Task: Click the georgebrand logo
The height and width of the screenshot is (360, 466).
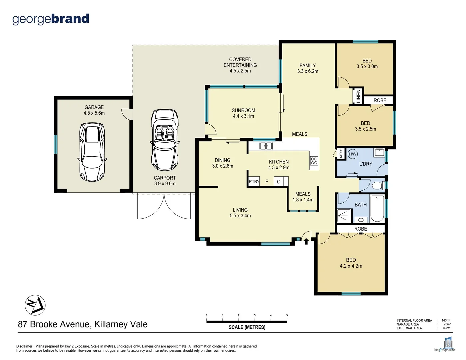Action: pyautogui.click(x=51, y=19)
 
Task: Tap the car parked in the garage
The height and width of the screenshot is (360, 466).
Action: pyautogui.click(x=92, y=152)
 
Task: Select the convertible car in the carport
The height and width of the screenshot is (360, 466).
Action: pyautogui.click(x=165, y=140)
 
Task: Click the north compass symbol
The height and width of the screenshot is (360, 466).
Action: pyautogui.click(x=35, y=305)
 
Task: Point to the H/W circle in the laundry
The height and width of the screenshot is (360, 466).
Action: pyautogui.click(x=353, y=154)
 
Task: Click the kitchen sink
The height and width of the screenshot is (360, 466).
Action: pyautogui.click(x=266, y=146)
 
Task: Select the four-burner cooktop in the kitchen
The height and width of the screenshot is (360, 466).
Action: pyautogui.click(x=314, y=161)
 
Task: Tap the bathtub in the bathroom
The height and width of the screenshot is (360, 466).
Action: pyautogui.click(x=377, y=209)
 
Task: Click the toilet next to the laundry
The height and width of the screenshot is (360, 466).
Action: pyautogui.click(x=377, y=185)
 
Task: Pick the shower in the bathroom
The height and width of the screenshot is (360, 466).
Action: pyautogui.click(x=344, y=216)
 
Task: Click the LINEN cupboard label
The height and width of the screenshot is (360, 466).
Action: pyautogui.click(x=358, y=96)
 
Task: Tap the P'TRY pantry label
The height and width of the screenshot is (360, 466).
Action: pyautogui.click(x=254, y=182)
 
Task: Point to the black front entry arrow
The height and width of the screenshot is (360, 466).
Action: pyautogui.click(x=306, y=241)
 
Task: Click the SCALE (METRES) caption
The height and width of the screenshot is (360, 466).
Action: pyautogui.click(x=247, y=327)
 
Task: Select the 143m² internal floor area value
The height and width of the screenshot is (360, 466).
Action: pyautogui.click(x=446, y=320)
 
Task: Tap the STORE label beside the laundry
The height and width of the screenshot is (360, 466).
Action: pyautogui.click(x=341, y=153)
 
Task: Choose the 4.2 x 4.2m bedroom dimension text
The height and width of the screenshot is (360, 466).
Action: pyautogui.click(x=351, y=266)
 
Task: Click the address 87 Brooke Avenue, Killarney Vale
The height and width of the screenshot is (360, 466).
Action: pyautogui.click(x=83, y=324)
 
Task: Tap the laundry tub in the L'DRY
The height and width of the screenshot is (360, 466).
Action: pyautogui.click(x=379, y=153)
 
